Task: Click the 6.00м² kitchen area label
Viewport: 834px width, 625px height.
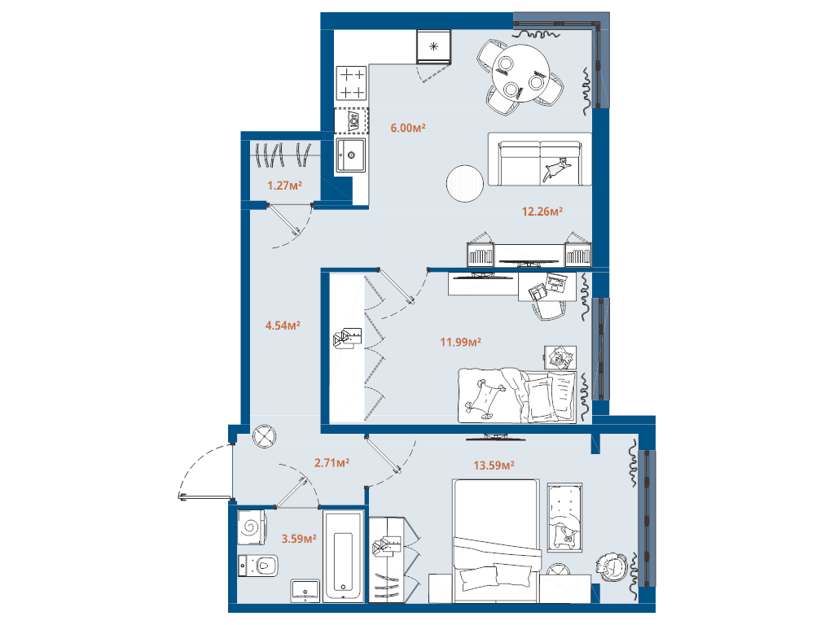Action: click(408, 128)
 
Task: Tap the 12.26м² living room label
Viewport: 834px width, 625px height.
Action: click(542, 212)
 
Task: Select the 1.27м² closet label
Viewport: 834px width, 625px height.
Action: click(284, 186)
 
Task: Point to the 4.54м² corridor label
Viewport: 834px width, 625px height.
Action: click(283, 326)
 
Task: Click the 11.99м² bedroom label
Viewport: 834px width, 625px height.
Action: click(461, 343)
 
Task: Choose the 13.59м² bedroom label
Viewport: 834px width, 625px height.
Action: click(494, 465)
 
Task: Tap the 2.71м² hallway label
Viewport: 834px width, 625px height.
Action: click(332, 463)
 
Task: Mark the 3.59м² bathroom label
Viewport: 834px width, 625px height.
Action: click(299, 539)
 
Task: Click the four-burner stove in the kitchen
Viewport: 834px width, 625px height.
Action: click(352, 83)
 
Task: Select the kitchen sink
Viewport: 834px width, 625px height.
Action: click(350, 155)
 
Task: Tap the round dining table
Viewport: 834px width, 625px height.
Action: click(520, 73)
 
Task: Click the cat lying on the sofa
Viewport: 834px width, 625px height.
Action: click(556, 169)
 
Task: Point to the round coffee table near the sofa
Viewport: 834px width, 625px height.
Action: click(465, 184)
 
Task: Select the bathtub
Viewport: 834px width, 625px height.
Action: click(343, 556)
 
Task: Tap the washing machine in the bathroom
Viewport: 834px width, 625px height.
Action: click(251, 527)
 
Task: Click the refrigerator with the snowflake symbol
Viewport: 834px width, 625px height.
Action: click(433, 46)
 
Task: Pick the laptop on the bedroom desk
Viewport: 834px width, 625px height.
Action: click(555, 282)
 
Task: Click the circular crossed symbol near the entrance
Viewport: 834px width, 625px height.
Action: click(265, 436)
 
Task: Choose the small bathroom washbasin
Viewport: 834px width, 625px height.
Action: click(305, 591)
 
